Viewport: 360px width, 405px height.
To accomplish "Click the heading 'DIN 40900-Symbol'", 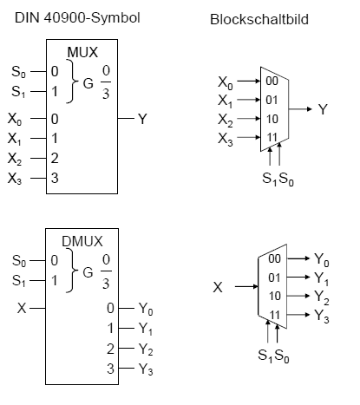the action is (77, 18).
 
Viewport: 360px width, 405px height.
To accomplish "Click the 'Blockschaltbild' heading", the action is (259, 19).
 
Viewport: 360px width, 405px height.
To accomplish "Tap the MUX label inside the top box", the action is (82, 52).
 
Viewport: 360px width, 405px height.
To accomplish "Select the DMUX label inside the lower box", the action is (82, 241).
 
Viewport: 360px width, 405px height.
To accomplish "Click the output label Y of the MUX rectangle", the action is (142, 119).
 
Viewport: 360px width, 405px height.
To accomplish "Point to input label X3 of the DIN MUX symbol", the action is (15, 179).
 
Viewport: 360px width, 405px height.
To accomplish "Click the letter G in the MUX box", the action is (88, 83).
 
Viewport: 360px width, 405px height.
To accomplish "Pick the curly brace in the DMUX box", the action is (72, 271).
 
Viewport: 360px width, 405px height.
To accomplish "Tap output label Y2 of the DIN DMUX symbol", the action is (146, 349).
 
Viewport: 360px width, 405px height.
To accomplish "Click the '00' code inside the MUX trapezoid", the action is (272, 81).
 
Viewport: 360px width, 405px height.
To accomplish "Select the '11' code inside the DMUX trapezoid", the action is (275, 315).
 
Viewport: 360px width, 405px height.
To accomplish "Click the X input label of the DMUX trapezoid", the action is (218, 287).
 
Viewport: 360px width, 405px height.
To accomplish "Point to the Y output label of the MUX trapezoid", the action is (323, 109).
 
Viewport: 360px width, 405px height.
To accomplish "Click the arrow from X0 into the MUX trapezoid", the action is (249, 81).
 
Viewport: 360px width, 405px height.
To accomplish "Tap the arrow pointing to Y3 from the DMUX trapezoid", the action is (298, 314).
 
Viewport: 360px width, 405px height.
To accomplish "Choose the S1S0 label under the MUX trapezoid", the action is (278, 179).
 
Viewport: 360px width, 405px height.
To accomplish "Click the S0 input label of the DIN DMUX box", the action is (19, 261).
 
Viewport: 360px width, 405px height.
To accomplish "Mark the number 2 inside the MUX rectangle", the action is (55, 158).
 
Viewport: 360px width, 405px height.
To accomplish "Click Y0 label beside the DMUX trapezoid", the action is (322, 259).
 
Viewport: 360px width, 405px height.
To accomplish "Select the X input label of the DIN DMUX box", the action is (22, 308).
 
